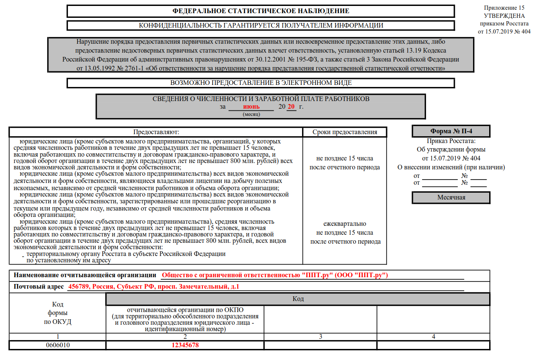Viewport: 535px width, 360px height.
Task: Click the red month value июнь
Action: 251,107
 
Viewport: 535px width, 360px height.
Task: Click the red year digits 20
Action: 291,107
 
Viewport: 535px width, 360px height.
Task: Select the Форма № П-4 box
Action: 451,131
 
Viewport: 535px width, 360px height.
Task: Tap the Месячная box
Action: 451,197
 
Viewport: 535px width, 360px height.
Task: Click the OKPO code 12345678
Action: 185,345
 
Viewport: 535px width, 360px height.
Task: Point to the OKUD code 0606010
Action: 58,345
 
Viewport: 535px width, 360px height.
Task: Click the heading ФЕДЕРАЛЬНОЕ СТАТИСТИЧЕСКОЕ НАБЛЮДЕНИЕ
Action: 260,11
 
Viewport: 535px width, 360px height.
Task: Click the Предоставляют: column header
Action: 156,132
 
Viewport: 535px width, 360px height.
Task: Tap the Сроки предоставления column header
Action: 345,132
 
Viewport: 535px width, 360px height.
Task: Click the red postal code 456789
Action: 77,287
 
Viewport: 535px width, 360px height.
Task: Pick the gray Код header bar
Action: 298,299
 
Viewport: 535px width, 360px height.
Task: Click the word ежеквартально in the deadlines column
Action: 345,224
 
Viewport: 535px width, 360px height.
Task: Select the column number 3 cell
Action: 320,337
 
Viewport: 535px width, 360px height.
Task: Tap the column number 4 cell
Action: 433,337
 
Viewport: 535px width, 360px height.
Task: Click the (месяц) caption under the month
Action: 251,114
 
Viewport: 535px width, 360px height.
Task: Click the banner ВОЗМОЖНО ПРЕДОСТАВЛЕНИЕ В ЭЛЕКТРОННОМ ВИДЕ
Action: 260,83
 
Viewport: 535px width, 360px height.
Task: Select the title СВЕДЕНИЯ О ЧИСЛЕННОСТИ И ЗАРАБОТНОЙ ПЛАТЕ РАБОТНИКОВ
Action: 260,99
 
